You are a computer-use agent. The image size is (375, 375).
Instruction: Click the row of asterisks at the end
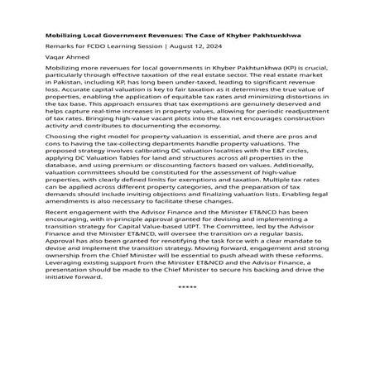point(187,352)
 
